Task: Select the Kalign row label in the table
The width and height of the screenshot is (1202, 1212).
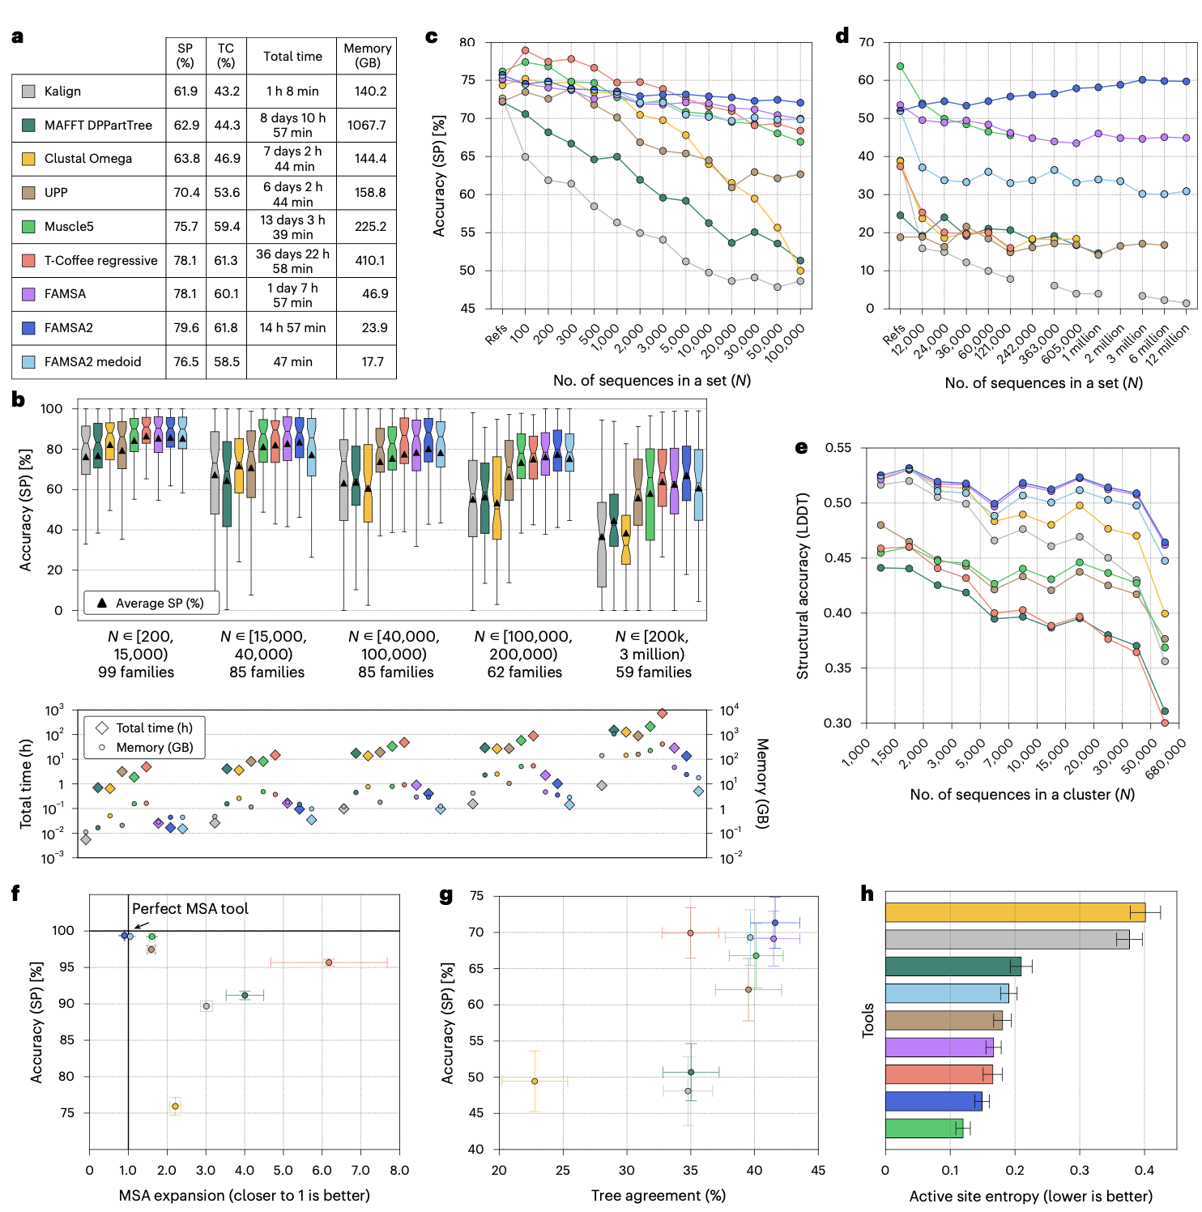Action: coord(62,92)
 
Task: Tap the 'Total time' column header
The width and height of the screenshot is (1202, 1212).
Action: coord(292,57)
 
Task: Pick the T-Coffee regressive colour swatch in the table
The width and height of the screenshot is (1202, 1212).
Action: coord(28,260)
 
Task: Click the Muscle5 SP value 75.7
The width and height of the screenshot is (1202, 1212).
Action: coord(185,227)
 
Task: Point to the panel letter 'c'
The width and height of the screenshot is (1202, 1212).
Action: coord(432,36)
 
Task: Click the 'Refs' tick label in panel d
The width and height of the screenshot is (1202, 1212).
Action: coord(893,333)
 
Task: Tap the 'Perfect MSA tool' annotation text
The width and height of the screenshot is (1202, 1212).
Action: coord(190,909)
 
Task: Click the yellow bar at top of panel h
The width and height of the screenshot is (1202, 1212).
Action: coord(1014,912)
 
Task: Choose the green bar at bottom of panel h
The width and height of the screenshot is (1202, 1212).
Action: coord(923,1128)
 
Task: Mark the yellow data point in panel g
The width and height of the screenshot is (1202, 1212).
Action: coord(535,1082)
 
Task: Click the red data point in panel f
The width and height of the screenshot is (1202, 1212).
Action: coord(329,962)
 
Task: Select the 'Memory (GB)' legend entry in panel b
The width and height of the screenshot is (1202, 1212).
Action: coord(154,747)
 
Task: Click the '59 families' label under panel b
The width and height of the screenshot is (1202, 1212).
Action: coord(654,672)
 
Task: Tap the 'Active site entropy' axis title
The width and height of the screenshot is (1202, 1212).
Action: coord(1030,1197)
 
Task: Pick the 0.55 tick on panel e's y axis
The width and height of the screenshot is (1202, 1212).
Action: coord(838,448)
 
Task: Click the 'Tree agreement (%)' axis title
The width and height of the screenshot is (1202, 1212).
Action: coord(658,1196)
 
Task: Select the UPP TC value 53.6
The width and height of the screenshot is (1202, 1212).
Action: coord(227,193)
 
